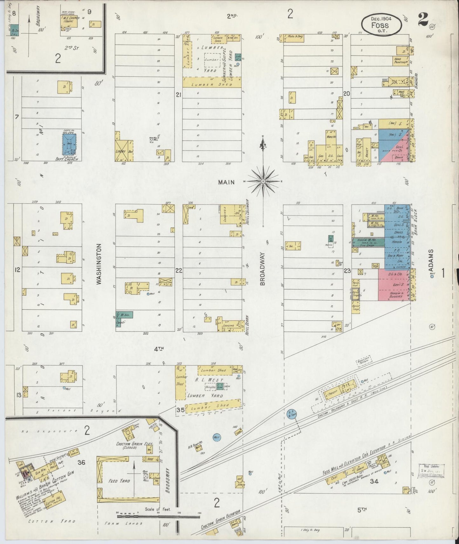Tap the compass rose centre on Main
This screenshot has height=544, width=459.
[263, 181]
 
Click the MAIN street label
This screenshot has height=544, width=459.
[226, 182]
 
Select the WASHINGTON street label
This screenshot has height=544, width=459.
[99, 263]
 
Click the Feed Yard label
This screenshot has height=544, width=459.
[118, 481]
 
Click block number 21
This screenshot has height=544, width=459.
[179, 95]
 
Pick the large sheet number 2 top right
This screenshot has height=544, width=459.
[422, 20]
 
